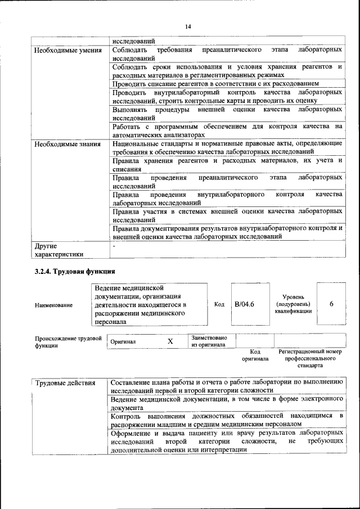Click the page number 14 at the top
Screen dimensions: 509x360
[188, 26]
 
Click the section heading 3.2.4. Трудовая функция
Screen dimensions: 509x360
[75, 272]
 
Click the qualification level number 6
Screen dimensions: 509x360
[331, 304]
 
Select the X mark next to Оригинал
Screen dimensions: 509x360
[170, 341]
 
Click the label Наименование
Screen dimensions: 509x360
[53, 305]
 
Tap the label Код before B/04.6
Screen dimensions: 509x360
[219, 304]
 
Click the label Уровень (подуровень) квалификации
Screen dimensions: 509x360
[294, 304]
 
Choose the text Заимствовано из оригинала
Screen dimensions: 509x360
[209, 341]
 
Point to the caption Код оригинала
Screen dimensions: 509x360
[255, 355]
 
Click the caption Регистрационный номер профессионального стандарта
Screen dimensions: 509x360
[310, 358]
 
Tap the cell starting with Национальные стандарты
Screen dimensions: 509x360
[227, 148]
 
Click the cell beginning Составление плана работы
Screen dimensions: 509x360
[227, 386]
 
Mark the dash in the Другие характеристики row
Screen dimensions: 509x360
[114, 246]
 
